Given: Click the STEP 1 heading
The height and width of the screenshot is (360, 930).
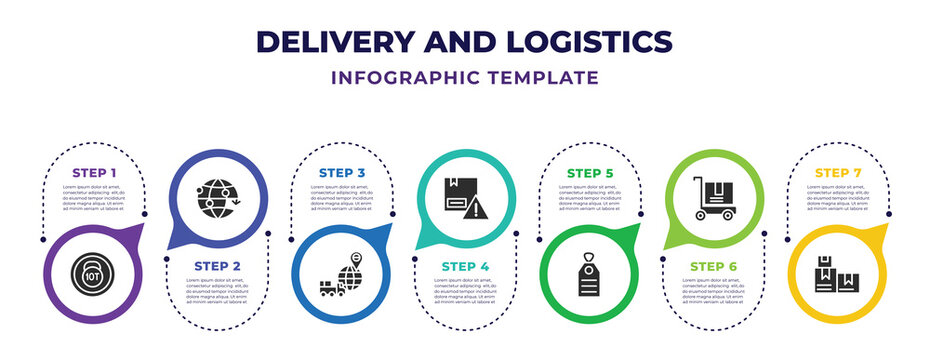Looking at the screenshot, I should [x=93, y=173].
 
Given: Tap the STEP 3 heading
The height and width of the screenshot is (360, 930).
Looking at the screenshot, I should [x=342, y=173].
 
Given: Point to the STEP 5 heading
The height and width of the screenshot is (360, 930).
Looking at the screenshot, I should [x=590, y=173].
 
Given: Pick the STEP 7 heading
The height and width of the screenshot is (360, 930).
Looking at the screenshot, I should [x=838, y=173].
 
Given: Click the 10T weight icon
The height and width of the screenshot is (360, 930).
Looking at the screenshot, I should [x=93, y=271].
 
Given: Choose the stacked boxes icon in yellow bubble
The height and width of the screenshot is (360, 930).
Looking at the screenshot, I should [x=837, y=274].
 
